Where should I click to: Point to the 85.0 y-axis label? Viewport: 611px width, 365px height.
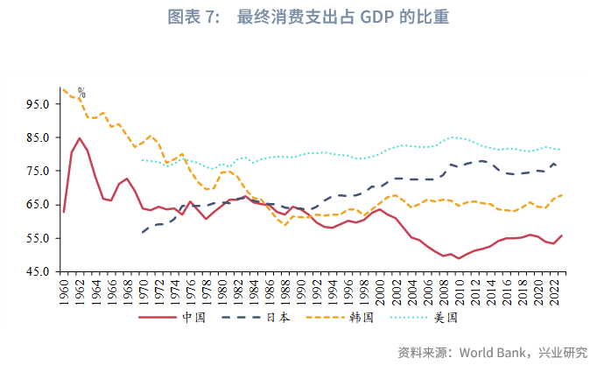point(39,137)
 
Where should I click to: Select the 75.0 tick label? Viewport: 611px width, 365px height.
point(39,171)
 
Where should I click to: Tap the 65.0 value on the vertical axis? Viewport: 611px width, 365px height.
point(39,204)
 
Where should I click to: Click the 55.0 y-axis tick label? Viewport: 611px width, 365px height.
point(39,238)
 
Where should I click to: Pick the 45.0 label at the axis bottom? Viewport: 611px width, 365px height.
point(39,271)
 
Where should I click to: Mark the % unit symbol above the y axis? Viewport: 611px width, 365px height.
point(81,92)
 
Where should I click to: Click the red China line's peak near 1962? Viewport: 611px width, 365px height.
point(80,138)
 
